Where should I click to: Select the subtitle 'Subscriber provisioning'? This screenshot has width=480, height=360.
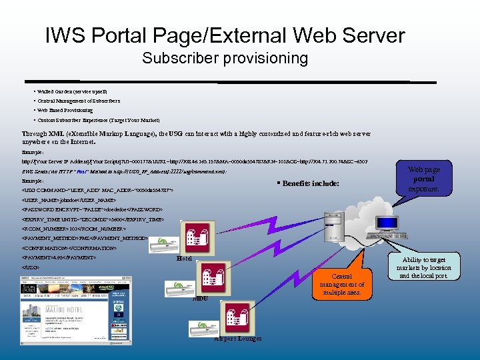coord(225,59)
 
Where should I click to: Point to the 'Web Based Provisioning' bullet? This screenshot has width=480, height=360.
coord(65,110)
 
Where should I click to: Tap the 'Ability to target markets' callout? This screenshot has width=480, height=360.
coord(424,267)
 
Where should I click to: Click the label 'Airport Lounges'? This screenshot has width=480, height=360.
coord(237,339)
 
